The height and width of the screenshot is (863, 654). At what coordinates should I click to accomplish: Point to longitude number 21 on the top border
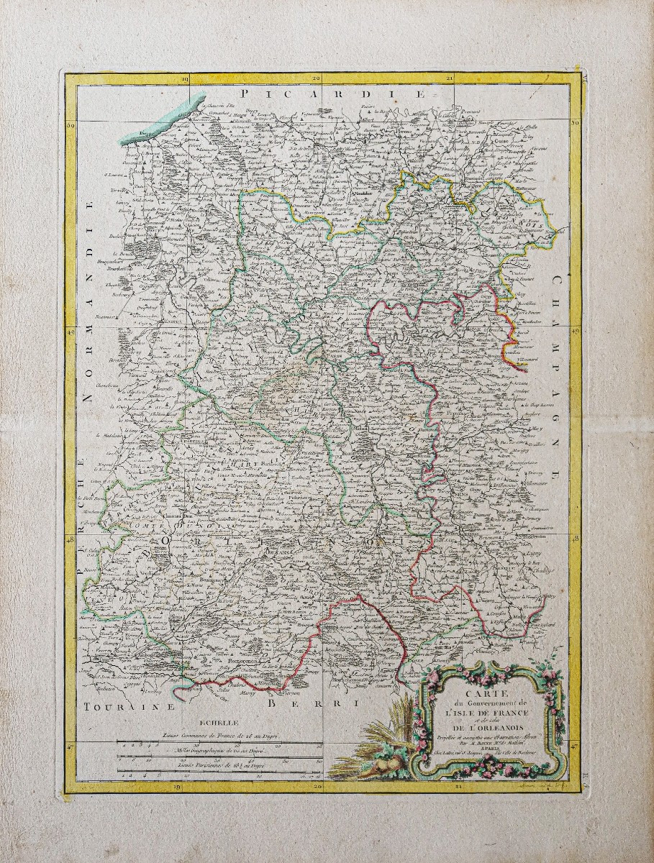[449, 78]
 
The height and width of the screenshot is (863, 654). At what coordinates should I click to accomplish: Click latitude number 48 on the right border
[575, 539]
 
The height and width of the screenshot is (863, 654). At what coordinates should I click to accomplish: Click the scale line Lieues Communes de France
[216, 737]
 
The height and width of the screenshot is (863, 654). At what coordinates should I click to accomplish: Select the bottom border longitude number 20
[317, 787]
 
